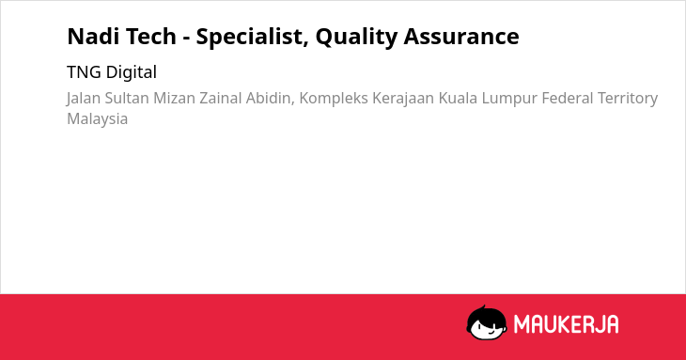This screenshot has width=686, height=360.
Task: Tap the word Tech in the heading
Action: pos(148,36)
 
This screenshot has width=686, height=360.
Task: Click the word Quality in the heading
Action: pos(356,38)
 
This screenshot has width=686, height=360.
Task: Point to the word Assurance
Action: pos(461,36)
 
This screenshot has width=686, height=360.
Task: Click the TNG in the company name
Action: pos(84,72)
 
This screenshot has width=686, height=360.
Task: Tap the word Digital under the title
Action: pos(132,72)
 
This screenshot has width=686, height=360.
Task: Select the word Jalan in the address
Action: pos(83,99)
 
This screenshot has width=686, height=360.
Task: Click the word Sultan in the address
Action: pos(127,98)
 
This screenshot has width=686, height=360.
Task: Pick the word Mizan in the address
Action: pos(174,98)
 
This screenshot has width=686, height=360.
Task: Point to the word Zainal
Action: pos(221,98)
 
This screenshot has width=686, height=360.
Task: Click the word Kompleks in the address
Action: pos(334,99)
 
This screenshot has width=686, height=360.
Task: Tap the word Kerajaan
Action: pos(403,99)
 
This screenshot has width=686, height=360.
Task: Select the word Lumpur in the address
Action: pos(509,99)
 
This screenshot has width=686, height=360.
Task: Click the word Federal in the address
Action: pos(568,98)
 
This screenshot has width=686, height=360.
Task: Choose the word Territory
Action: pos(628,99)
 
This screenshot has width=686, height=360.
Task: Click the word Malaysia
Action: pos(97,119)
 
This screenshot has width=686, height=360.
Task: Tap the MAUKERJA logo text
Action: pos(566,324)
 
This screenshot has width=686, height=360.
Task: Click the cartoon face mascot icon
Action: pos(487,322)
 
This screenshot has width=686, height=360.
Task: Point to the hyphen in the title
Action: pos(186,39)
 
